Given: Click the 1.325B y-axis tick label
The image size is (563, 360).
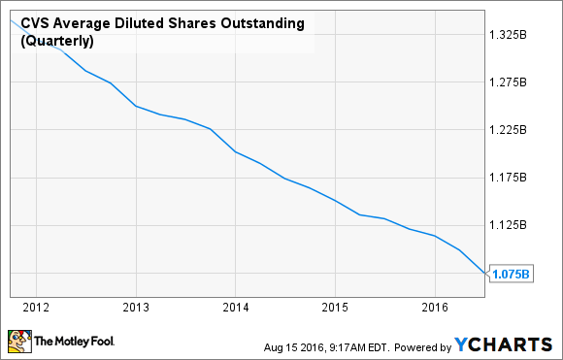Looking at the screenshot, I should (511, 34).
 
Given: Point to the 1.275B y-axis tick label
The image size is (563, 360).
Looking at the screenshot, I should (511, 82).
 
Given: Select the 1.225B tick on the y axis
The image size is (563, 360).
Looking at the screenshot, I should (511, 130).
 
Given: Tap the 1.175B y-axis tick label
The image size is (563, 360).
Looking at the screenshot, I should (511, 178).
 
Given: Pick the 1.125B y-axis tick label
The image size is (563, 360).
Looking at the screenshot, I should (511, 225).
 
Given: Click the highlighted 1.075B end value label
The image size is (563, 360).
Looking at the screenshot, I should (511, 274).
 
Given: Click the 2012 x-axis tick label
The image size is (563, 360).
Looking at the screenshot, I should (35, 308).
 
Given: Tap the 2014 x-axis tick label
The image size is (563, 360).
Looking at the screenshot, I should (235, 308).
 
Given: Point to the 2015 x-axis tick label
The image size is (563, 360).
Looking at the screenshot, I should (335, 308).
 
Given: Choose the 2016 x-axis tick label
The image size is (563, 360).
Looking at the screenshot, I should (435, 308).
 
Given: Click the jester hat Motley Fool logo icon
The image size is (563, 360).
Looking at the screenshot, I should (19, 341).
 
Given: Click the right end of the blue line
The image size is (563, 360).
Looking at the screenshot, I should (484, 274).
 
